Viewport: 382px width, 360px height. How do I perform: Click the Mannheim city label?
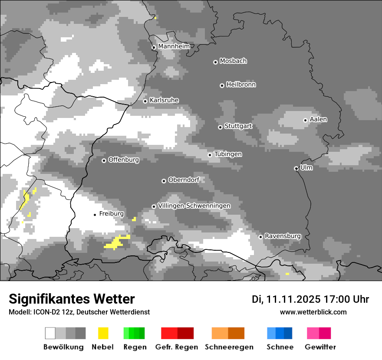(174, 46)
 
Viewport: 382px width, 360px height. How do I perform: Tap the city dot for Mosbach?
(215, 62)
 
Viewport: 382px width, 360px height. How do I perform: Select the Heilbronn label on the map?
(241, 85)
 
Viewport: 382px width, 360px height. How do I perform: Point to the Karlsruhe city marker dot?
(145, 101)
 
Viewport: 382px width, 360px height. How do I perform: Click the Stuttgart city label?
(238, 126)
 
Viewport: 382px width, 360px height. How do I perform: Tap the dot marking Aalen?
(305, 120)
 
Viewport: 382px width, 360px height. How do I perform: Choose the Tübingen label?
(228, 154)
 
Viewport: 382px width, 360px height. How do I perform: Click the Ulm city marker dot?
(296, 168)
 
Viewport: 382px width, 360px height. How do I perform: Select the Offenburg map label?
(124, 160)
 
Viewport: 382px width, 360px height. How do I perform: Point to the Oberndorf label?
(184, 180)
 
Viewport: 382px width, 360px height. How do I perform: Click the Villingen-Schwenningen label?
(194, 206)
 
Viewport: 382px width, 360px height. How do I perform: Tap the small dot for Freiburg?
(95, 215)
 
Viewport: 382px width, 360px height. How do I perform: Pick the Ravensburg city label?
(283, 236)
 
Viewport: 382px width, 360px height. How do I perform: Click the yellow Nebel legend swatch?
(103, 333)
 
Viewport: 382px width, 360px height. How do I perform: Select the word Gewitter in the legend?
(320, 347)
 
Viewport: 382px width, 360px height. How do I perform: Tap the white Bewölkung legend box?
(50, 333)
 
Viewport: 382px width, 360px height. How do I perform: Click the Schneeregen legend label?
(229, 347)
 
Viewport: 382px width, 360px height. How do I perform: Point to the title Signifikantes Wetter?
(72, 299)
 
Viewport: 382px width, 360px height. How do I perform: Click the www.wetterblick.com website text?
(313, 312)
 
